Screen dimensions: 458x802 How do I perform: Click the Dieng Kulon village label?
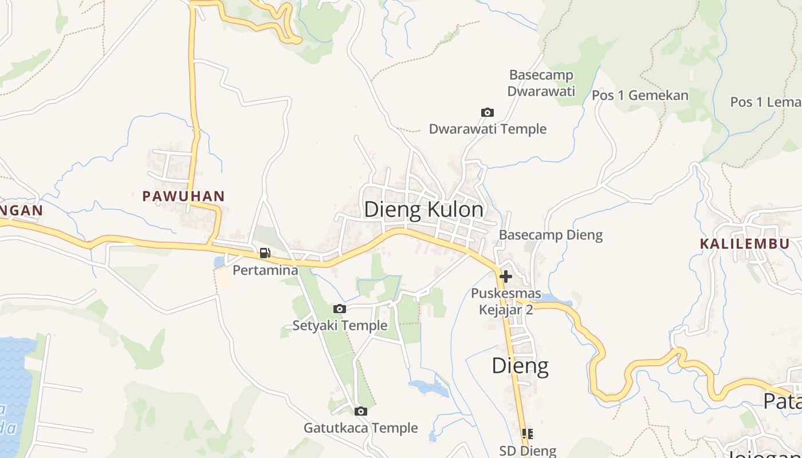424,210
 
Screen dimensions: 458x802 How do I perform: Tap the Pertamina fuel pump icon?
265,252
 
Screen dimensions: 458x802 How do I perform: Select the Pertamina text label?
265,270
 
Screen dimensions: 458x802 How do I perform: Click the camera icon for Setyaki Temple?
340,309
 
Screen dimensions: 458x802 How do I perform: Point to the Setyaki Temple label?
340,326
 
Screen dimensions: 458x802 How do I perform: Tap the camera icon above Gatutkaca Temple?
360,411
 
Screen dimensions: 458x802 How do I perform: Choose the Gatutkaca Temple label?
360,428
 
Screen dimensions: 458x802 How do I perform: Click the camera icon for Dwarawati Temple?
487,112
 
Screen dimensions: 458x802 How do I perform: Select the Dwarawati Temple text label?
488,129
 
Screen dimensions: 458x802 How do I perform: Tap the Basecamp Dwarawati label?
541,83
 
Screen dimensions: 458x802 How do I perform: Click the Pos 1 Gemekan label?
640,95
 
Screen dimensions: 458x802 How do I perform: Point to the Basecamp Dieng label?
551,235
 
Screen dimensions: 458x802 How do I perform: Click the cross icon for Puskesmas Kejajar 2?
505,277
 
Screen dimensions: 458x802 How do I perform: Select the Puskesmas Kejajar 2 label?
506,302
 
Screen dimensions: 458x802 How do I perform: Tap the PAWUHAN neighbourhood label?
183,196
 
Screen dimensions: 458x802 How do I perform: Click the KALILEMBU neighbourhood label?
744,243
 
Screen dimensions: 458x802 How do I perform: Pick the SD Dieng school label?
528,451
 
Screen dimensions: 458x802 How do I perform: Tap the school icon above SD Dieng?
528,433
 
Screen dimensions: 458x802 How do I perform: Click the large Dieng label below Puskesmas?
520,366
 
